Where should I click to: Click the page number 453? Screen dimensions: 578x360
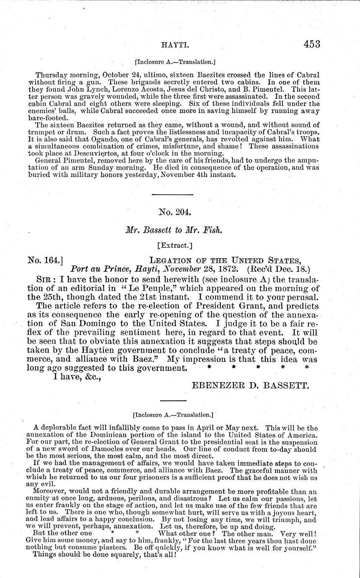[307, 44]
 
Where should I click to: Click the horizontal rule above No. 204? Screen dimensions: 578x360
[172, 195]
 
